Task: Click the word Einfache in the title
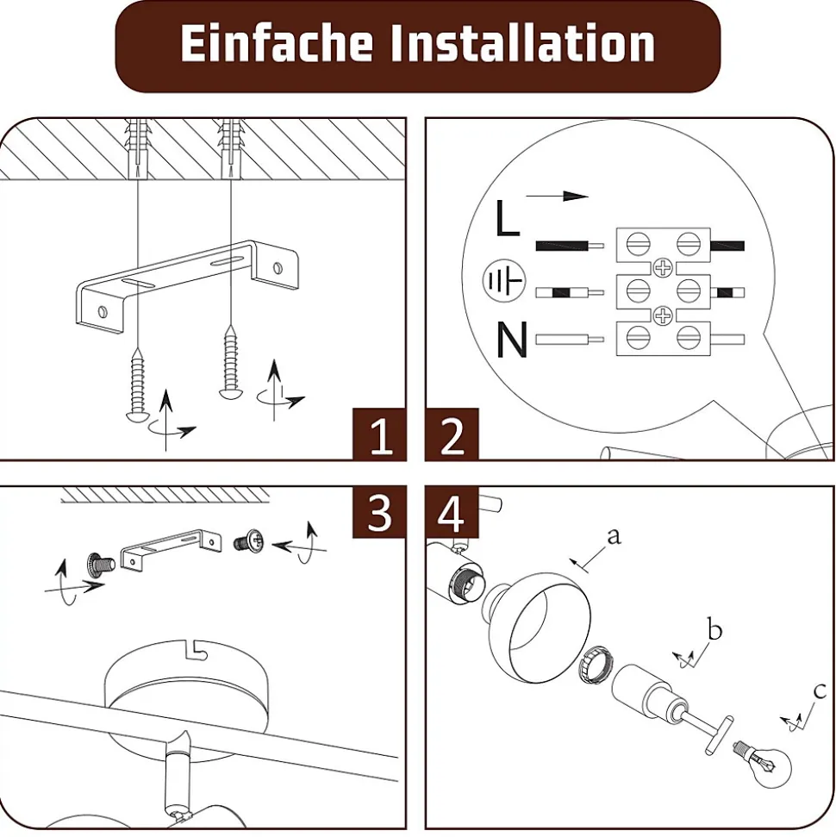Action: [x=277, y=43]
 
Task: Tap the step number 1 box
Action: [x=379, y=434]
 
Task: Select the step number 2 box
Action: [x=452, y=434]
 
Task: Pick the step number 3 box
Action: [x=379, y=512]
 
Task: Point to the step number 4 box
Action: [x=452, y=512]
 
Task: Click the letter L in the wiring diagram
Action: [x=507, y=218]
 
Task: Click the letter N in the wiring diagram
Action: [x=511, y=339]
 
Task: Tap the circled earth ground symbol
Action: [x=503, y=280]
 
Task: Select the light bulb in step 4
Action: [x=764, y=764]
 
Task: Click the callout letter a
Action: [x=615, y=536]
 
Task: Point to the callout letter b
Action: [x=714, y=629]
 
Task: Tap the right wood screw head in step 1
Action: [x=231, y=393]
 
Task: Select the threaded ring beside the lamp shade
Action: [x=595, y=663]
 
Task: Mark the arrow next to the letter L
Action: [x=557, y=196]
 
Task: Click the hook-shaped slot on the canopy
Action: [x=195, y=648]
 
